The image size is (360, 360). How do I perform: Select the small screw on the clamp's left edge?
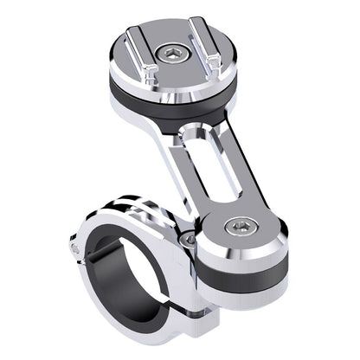[x=76, y=250]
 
